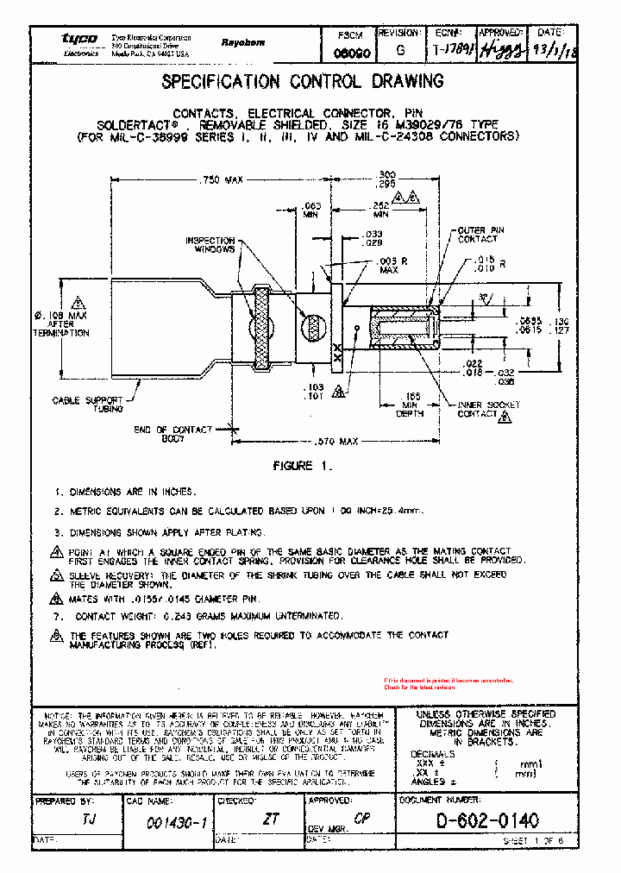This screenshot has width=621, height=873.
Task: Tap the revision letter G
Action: (x=399, y=51)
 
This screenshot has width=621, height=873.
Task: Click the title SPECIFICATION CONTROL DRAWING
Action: (x=303, y=82)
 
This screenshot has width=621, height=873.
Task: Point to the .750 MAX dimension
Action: (x=223, y=180)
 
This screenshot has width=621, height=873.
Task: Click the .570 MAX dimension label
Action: (x=336, y=441)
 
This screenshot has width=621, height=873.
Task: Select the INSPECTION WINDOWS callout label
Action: (x=210, y=245)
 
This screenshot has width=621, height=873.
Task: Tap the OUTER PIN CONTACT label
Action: (x=477, y=234)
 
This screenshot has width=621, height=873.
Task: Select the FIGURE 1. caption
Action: (x=301, y=466)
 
